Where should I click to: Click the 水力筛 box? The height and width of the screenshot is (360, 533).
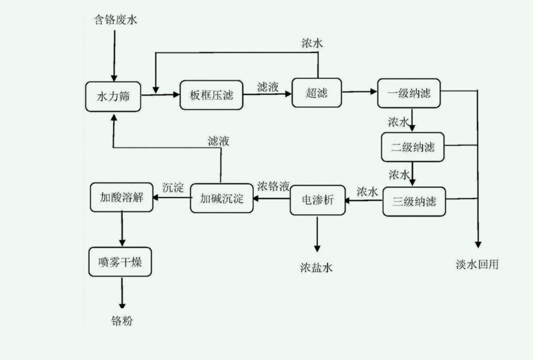coord(113,96)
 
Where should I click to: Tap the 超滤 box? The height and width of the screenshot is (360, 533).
coord(317,93)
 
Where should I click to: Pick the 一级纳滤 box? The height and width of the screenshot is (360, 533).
coord(408,94)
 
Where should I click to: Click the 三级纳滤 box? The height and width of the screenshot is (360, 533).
coord(413,201)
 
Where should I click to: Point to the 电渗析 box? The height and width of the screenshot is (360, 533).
coord(317,201)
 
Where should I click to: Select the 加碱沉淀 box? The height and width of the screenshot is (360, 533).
coord(221,198)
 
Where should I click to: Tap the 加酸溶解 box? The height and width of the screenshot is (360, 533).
coord(121,196)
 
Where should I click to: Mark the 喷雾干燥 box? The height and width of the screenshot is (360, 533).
coord(120,262)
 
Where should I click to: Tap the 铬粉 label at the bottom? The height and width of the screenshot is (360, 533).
coord(121,321)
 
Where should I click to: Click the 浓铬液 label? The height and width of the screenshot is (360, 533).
coord(274,185)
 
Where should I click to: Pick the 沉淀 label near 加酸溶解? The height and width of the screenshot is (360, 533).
coord(172,187)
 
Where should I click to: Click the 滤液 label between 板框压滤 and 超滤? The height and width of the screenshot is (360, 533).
coord(267,87)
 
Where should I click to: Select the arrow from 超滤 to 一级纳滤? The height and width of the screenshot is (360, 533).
coord(360,93)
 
